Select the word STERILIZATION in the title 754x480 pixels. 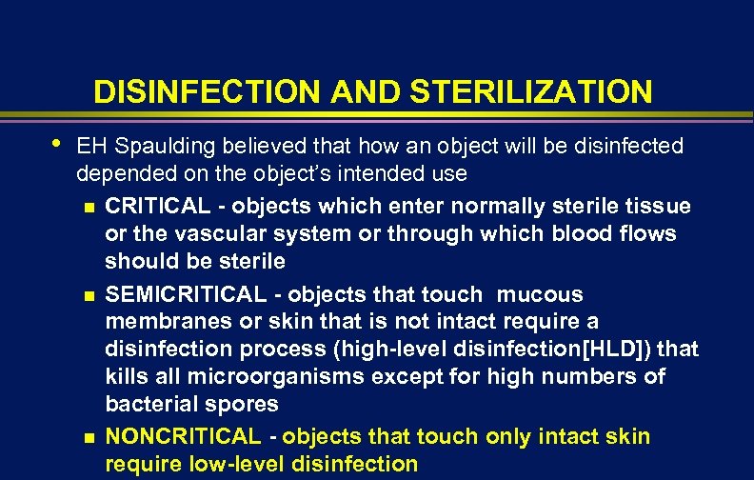tap(532, 92)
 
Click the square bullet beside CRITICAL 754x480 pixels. tap(89, 207)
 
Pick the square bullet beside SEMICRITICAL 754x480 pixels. tap(89, 295)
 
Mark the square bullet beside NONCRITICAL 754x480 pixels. tap(89, 437)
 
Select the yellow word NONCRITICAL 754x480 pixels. tap(182, 437)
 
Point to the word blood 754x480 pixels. tap(585, 234)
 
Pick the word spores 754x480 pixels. tap(244, 405)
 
